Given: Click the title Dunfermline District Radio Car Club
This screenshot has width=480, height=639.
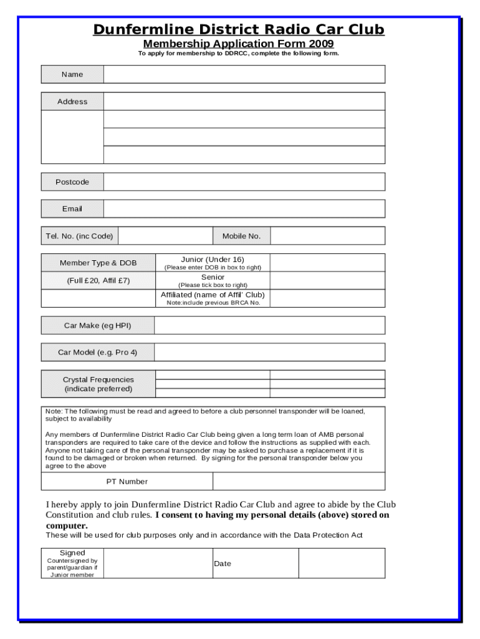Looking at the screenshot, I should (239, 29).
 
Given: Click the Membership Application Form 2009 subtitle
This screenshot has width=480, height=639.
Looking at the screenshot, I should (239, 44).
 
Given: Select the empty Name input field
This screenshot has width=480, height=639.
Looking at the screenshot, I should (244, 74).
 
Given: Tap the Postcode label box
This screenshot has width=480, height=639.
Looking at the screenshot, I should (72, 182).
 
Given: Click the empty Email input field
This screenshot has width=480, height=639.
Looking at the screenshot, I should (244, 209).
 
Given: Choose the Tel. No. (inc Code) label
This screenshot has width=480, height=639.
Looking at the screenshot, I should (79, 236).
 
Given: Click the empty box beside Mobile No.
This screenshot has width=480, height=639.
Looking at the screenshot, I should (327, 236).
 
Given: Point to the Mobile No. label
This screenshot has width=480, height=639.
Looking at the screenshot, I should (241, 236).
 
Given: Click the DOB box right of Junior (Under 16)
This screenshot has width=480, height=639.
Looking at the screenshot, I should (327, 263).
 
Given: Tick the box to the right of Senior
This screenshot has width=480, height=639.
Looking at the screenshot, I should (327, 281).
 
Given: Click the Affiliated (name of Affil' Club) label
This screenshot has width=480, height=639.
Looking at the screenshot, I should (213, 295).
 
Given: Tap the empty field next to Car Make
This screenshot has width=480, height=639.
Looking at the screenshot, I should (269, 326).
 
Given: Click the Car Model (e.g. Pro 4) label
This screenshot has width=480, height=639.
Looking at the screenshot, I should (98, 353).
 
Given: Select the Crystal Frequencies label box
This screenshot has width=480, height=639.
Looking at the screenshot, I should (98, 384).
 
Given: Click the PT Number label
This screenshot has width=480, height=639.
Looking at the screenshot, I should (127, 482).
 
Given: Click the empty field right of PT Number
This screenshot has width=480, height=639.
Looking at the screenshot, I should (299, 482).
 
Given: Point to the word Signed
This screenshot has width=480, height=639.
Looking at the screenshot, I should (72, 553).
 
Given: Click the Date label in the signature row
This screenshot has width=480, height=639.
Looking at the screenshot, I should (223, 563).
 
